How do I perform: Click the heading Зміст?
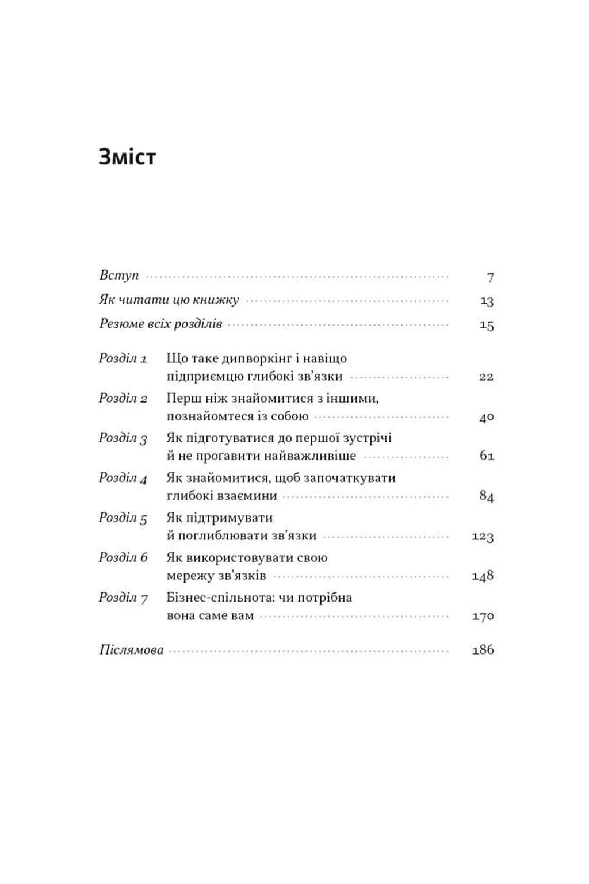click(x=127, y=156)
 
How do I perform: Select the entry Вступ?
click(x=119, y=275)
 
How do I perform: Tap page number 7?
click(x=490, y=277)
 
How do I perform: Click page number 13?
click(x=487, y=301)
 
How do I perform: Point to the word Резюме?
click(x=120, y=323)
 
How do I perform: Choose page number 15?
click(x=487, y=325)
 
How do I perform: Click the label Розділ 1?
click(x=123, y=358)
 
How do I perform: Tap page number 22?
click(x=486, y=377)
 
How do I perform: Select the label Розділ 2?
click(x=123, y=398)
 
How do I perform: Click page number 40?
click(x=487, y=417)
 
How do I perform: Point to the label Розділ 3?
click(x=123, y=438)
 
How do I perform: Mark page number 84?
click(x=487, y=496)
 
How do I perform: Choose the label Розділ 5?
click(x=123, y=518)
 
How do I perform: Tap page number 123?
click(x=483, y=536)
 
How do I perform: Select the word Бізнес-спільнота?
click(x=220, y=598)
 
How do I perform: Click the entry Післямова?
click(x=132, y=650)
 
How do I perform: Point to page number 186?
click(x=483, y=650)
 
